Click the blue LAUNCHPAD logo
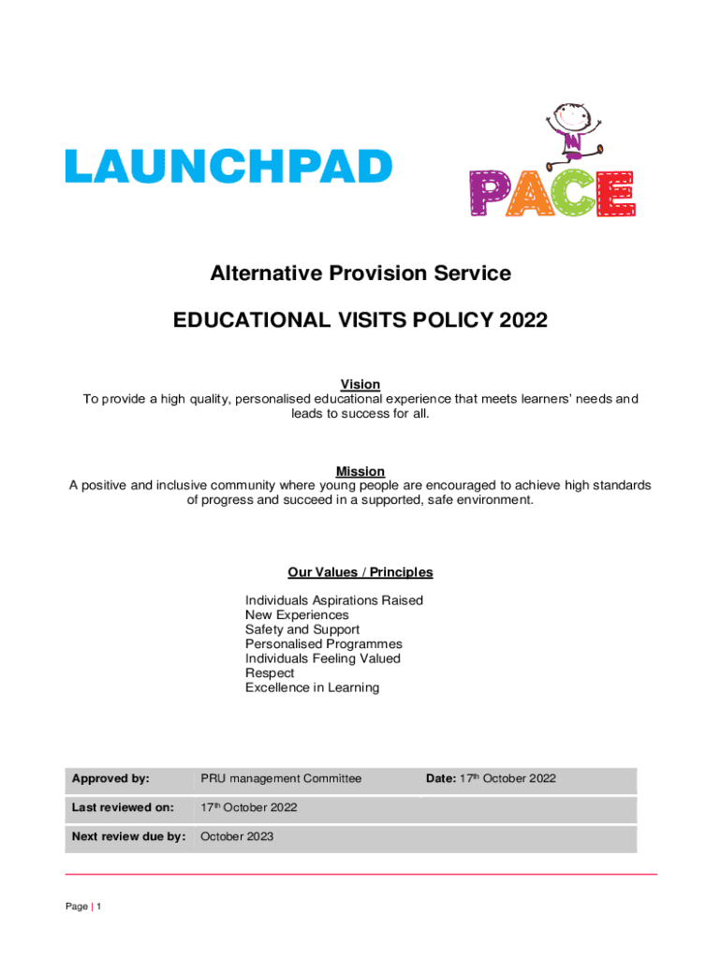point(228,168)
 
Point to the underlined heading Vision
point(360,384)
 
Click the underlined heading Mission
point(360,471)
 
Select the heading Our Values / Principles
point(360,572)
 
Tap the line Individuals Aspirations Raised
point(333,600)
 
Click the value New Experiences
point(297,615)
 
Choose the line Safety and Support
point(302,630)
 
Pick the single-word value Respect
point(270,673)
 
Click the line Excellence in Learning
point(312,688)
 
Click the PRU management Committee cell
point(281,778)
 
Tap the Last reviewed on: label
point(123,807)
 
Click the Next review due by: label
point(128,837)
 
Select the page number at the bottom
point(98,907)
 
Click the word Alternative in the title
point(261,273)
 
